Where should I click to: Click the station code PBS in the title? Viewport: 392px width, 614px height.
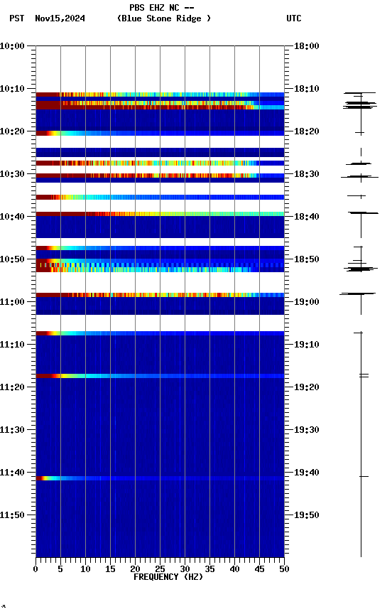137,7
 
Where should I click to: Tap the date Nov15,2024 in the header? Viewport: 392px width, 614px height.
60,18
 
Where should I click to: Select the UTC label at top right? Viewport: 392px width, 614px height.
293,18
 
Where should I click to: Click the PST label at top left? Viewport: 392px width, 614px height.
17,18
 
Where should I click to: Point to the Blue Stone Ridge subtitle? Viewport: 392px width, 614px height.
164,18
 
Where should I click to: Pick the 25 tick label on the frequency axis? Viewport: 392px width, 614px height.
160,569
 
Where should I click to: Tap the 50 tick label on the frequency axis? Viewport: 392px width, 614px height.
284,569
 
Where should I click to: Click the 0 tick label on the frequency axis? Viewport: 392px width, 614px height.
36,569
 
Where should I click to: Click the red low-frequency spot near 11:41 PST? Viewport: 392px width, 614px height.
41,478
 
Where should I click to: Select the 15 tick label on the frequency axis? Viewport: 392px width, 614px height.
110,569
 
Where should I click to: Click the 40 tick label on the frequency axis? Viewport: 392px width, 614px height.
234,569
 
